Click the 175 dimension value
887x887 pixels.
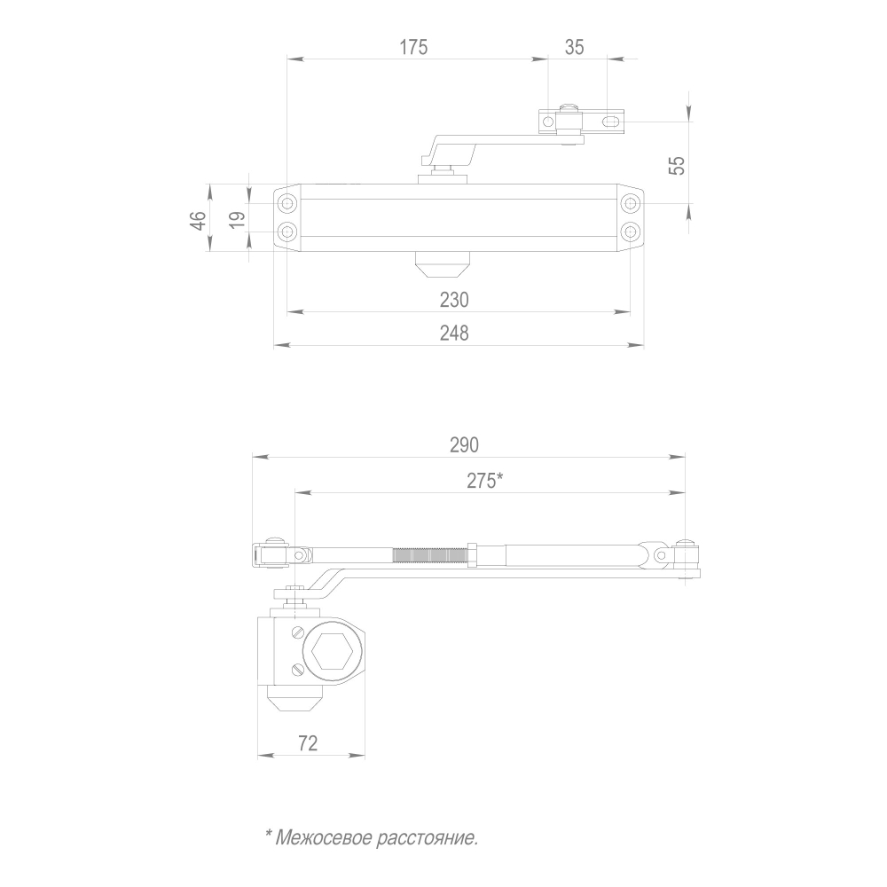click(x=412, y=48)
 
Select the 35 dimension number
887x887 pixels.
click(x=574, y=48)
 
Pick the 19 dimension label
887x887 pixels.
click(x=237, y=220)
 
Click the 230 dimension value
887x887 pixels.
click(x=453, y=300)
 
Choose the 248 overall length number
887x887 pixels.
click(x=453, y=333)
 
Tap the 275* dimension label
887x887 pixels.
click(x=484, y=480)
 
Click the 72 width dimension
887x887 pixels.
click(x=308, y=743)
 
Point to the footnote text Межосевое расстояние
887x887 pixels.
click(x=372, y=836)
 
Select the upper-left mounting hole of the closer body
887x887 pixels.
click(x=287, y=205)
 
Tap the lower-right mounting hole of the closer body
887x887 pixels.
click(x=630, y=232)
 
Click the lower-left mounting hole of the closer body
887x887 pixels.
click(x=287, y=232)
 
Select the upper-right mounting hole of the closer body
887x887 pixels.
click(x=630, y=205)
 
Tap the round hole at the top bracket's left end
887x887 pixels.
click(x=548, y=120)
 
